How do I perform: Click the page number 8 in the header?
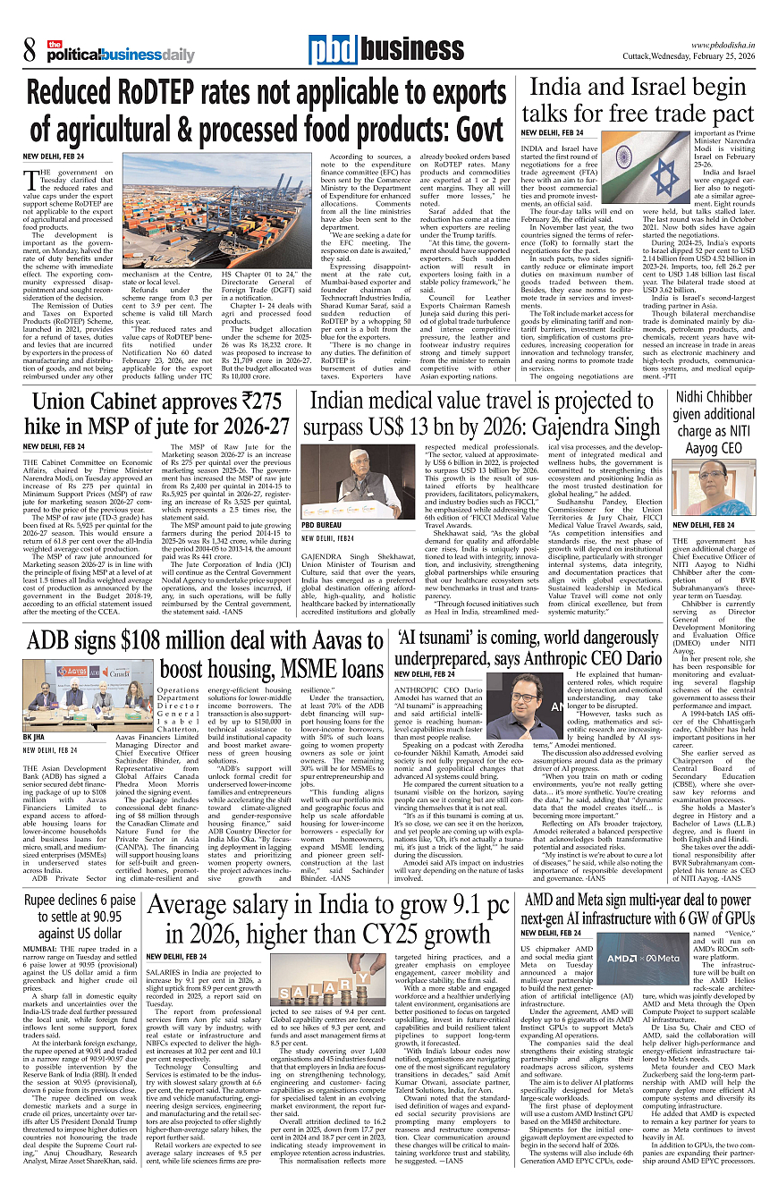coord(30,50)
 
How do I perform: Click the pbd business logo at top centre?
coord(373,50)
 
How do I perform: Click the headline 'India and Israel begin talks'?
coord(638,101)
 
